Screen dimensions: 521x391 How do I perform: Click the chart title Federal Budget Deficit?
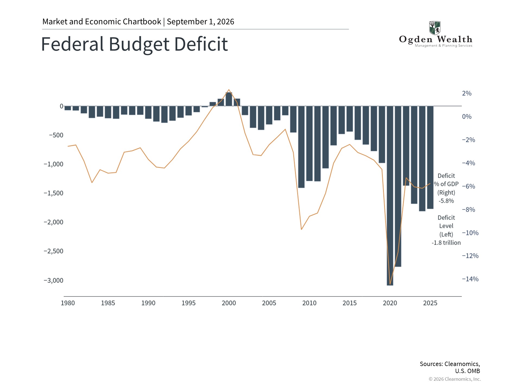[x=134, y=44]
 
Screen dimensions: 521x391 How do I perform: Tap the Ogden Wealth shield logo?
[x=435, y=28]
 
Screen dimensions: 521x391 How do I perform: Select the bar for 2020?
[x=390, y=195]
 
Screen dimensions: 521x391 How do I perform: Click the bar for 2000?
[x=229, y=99]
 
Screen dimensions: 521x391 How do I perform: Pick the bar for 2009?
[x=301, y=147]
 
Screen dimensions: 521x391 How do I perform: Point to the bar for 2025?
[x=430, y=157]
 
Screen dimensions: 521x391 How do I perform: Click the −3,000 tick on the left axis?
[x=53, y=280]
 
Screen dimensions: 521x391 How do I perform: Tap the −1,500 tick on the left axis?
[x=53, y=193]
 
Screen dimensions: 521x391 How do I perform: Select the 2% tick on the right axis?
[x=467, y=93]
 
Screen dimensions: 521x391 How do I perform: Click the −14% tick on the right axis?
[x=470, y=279]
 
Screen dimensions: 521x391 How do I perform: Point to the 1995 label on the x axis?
[x=189, y=303]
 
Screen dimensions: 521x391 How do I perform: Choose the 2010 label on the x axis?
[x=309, y=303]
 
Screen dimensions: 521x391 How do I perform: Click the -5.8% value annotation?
[x=446, y=201]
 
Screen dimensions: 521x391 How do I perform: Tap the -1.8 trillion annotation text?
[x=446, y=243]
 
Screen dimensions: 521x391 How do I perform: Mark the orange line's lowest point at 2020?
[x=390, y=284]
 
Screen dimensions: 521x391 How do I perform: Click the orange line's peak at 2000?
[x=229, y=90]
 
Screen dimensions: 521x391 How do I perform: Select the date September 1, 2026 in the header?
[x=201, y=22]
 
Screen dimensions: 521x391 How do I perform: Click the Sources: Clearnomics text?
[x=450, y=364]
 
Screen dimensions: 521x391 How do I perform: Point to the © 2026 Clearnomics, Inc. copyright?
[x=455, y=379]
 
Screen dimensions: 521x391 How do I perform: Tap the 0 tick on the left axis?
[x=62, y=106]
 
